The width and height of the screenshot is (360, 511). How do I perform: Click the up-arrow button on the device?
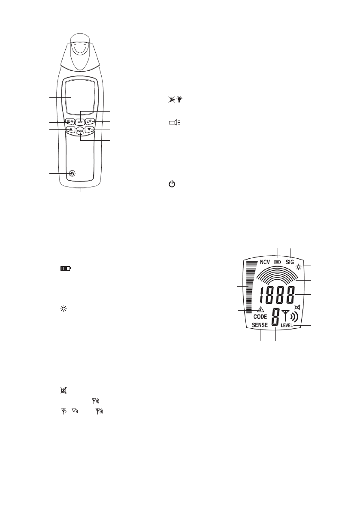click(x=70, y=129)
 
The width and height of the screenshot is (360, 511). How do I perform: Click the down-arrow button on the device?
click(x=89, y=129)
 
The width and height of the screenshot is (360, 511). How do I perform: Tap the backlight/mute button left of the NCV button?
click(x=70, y=121)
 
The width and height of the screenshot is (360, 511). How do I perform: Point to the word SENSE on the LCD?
click(x=259, y=325)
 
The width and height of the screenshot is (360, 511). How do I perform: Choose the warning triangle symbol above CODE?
click(x=260, y=310)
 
